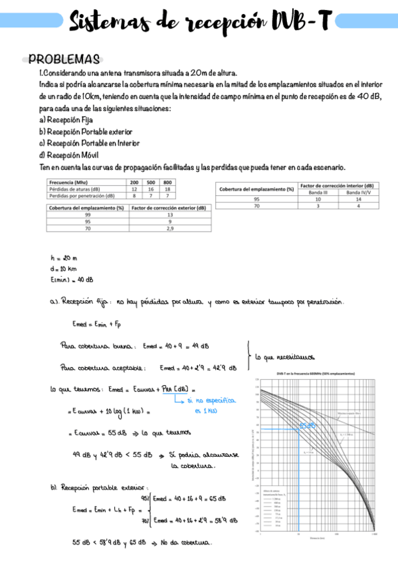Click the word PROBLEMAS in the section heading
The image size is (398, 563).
click(64, 60)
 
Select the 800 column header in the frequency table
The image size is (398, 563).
click(167, 182)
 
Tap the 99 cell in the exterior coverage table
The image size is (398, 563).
click(88, 214)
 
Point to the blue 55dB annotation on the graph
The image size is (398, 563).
click(306, 425)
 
